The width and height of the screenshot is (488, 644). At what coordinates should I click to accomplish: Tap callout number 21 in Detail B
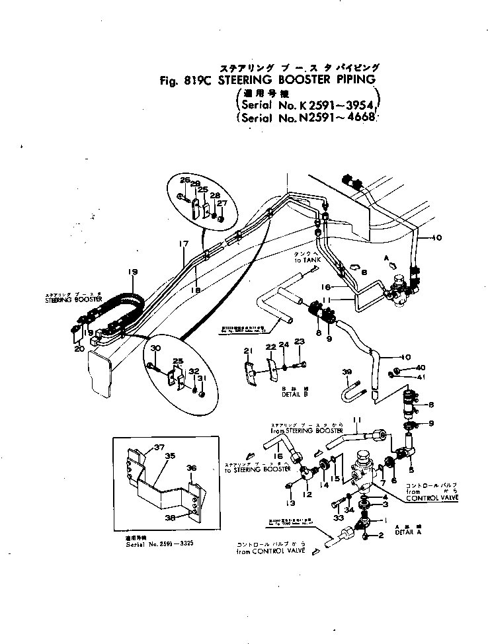point(248,350)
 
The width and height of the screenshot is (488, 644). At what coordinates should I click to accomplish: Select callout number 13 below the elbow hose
point(290,503)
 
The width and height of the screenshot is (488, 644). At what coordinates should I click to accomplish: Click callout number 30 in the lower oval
point(156,348)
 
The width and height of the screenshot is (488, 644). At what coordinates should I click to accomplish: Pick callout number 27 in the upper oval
point(223,203)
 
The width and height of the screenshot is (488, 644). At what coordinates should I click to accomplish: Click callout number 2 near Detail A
point(382,536)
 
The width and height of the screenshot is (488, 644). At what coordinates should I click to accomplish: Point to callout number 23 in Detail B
point(299,342)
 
